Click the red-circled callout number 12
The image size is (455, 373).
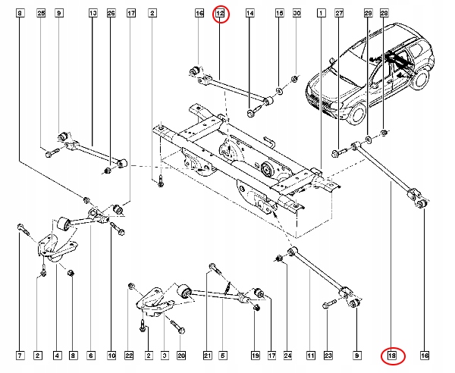pos(220,14)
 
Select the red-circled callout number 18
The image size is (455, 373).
pos(392,355)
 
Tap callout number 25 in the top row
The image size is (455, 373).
pos(41,14)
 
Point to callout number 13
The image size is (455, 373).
pos(93,14)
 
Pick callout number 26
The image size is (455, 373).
pos(111,14)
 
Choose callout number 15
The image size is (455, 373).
pos(279,14)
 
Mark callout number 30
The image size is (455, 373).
pos(297,14)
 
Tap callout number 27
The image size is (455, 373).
pos(339,14)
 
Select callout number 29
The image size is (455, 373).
pos(368,14)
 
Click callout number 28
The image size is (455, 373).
pos(384,14)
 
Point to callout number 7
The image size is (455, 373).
pos(20,355)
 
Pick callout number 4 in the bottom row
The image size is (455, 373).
pos(57,355)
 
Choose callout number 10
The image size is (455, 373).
pos(111,355)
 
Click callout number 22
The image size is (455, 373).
pos(130,355)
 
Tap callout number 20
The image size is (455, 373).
pos(180,355)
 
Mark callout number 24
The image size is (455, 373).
pos(287,355)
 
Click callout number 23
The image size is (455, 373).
pos(328,355)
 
